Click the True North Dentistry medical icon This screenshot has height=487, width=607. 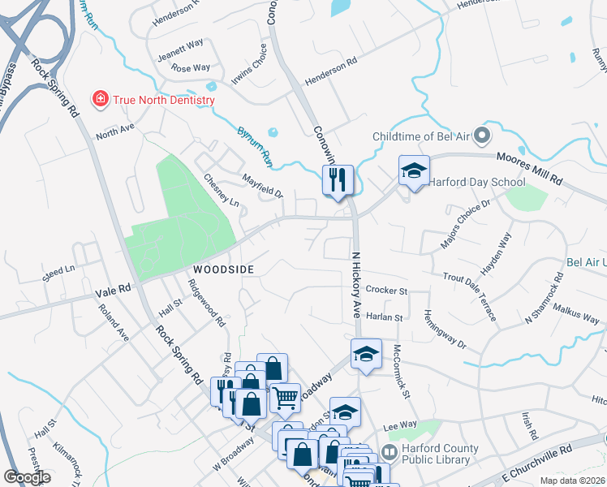tap(101, 100)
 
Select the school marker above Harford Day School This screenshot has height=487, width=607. tap(414, 171)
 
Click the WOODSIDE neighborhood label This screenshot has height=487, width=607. tap(223, 269)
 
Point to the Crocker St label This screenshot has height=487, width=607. tap(385, 290)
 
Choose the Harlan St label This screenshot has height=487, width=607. tap(384, 317)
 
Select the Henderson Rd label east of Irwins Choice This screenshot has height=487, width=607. tap(330, 71)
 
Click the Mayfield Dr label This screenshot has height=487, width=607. tap(262, 185)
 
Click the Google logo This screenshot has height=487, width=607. tap(28, 477)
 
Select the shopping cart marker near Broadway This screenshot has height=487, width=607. tap(285, 398)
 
